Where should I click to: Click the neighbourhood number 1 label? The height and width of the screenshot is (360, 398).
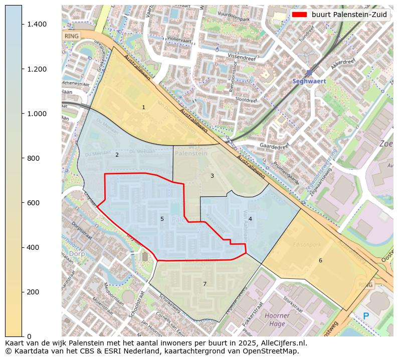click(143, 107)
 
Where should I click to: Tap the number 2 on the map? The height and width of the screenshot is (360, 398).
click(117, 155)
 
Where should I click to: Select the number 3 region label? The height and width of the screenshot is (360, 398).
click(212, 176)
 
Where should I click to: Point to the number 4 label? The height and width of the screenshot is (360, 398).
click(250, 219)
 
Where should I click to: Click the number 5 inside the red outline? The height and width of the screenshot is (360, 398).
click(162, 219)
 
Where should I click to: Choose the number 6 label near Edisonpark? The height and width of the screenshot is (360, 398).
click(320, 260)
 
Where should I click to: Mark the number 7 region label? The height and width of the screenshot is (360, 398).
click(205, 284)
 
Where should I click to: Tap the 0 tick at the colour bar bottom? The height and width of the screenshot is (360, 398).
click(29, 336)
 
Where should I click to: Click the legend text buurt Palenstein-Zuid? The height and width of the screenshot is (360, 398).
click(349, 15)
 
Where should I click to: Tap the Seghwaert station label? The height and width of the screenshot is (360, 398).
click(309, 81)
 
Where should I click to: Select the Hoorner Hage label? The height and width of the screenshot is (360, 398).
click(277, 319)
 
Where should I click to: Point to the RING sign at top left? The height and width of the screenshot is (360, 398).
click(72, 36)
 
